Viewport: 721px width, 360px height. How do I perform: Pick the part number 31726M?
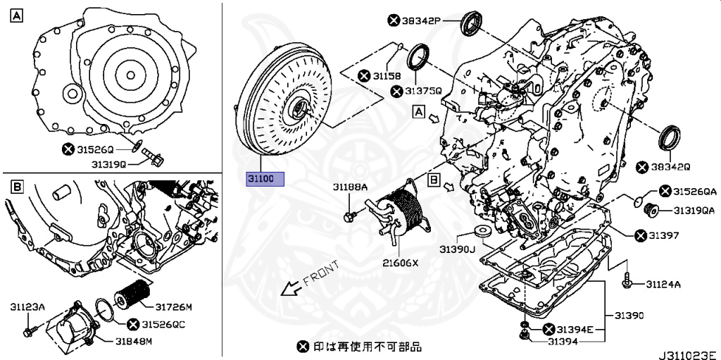[x=174, y=306]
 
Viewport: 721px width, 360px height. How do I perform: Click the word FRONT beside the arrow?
[x=320, y=273]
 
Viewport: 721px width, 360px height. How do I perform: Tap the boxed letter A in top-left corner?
[x=15, y=15]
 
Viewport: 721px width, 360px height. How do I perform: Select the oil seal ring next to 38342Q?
[x=669, y=137]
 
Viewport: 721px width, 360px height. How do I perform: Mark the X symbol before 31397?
[x=640, y=235]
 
